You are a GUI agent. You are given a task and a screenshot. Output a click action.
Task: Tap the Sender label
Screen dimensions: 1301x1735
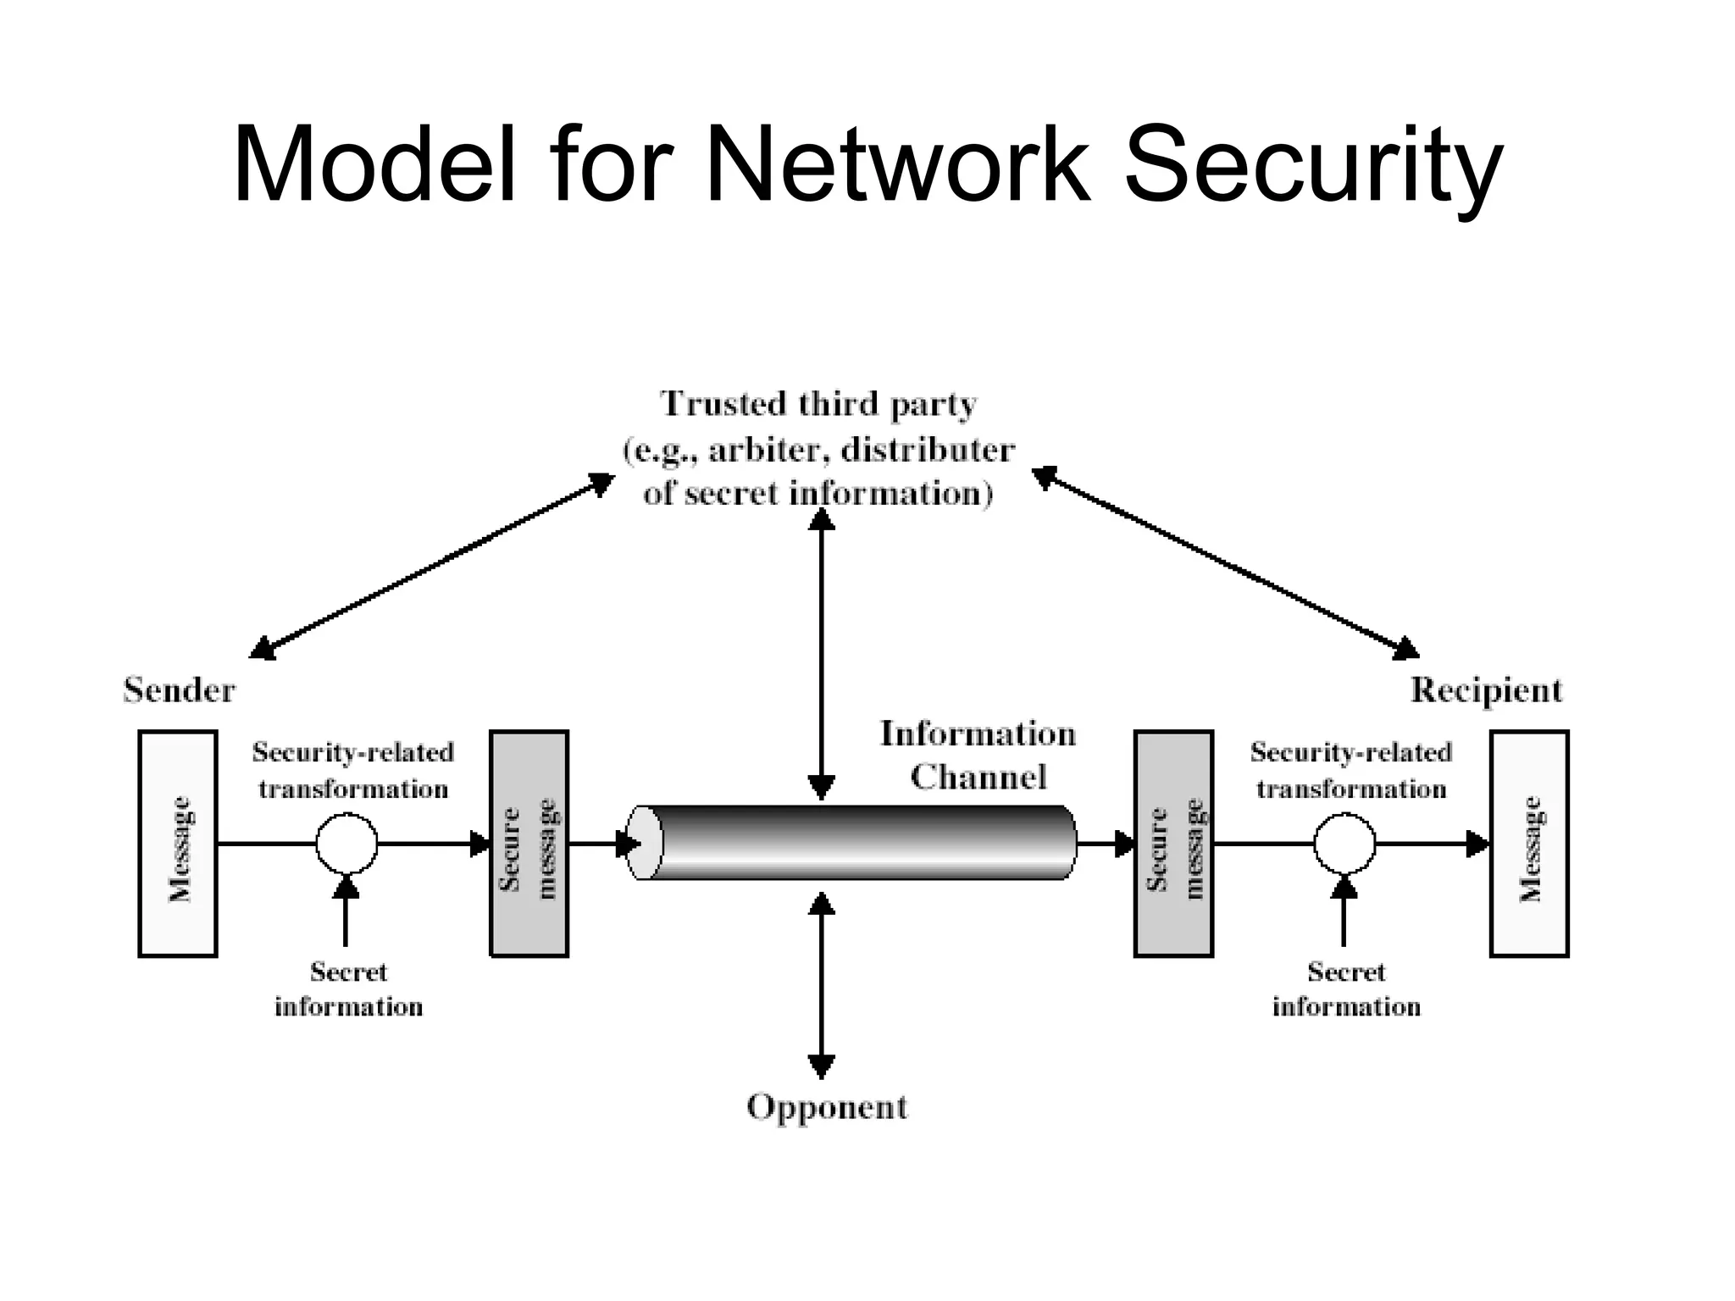[x=179, y=690]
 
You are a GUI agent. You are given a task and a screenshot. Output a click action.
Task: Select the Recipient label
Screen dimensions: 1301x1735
[x=1486, y=690]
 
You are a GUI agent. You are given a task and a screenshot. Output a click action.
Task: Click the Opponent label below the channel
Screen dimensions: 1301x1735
[x=827, y=1107]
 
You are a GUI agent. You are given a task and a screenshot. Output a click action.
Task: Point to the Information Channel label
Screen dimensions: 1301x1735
[x=978, y=755]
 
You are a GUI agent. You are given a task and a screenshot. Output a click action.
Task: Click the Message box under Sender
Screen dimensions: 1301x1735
[x=178, y=844]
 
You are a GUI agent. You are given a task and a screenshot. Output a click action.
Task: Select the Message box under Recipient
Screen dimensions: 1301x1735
[x=1529, y=844]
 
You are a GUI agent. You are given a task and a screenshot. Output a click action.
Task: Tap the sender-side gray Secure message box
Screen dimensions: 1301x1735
[x=529, y=844]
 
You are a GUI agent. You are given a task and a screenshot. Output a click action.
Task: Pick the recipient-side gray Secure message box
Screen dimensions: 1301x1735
[x=1173, y=844]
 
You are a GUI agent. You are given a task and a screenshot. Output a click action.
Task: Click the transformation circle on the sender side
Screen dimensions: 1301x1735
[x=346, y=844]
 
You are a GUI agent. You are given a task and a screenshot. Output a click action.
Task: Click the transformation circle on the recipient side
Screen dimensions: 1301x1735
[x=1344, y=844]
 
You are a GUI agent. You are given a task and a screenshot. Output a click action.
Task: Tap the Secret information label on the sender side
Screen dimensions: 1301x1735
[x=348, y=989]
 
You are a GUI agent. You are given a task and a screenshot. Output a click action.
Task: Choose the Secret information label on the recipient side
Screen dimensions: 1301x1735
[x=1346, y=989]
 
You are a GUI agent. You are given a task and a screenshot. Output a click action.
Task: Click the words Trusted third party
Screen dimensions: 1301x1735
[x=818, y=404]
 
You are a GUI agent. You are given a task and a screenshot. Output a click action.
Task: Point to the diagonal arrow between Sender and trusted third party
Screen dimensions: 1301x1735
[x=432, y=566]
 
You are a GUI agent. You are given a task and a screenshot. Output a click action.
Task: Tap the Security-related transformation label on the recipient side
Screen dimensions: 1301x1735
[x=1351, y=770]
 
